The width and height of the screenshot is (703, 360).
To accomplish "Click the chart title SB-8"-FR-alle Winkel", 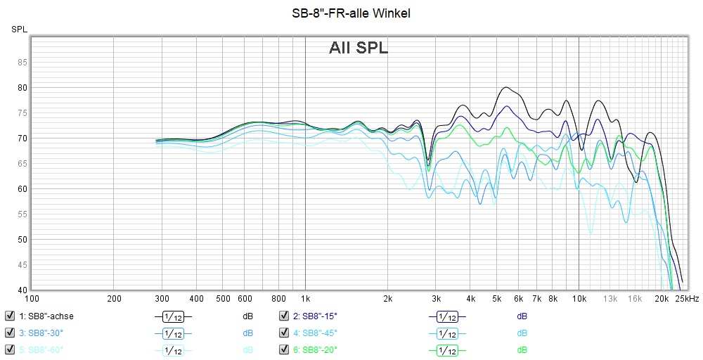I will pyautogui.click(x=351, y=13).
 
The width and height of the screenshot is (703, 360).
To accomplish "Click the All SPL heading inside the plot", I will pyautogui.click(x=359, y=48).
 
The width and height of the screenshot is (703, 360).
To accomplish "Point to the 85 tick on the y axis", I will pyautogui.click(x=22, y=63).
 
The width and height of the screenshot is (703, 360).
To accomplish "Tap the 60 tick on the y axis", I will pyautogui.click(x=22, y=189).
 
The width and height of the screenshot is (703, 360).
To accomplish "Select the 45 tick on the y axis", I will pyautogui.click(x=22, y=265).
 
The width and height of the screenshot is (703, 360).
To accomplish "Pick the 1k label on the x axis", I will pyautogui.click(x=305, y=298).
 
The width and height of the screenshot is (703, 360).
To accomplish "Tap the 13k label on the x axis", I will pyautogui.click(x=611, y=298).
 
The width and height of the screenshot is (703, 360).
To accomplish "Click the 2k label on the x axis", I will pyautogui.click(x=387, y=298).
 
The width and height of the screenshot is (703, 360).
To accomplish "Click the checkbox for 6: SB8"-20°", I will pyautogui.click(x=284, y=349).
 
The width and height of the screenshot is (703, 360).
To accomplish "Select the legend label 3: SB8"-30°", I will pyautogui.click(x=45, y=333).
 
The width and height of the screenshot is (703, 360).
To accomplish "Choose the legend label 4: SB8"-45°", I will pyautogui.click(x=315, y=333).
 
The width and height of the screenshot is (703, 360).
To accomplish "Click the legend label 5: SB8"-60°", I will pyautogui.click(x=45, y=349).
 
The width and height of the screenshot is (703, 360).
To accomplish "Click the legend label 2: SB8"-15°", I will pyautogui.click(x=315, y=316).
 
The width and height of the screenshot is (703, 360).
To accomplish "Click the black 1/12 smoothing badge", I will pyautogui.click(x=173, y=316).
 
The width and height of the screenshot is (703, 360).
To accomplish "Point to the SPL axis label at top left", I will pyautogui.click(x=19, y=29).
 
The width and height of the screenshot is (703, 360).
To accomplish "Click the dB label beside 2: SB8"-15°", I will pyautogui.click(x=522, y=316).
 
